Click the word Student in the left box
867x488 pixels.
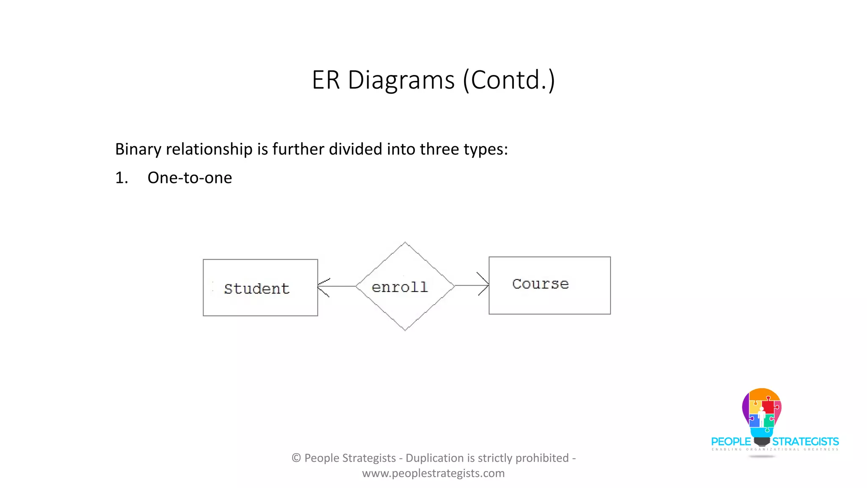click(x=257, y=289)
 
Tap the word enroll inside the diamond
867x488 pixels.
click(x=400, y=287)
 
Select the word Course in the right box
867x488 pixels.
click(x=540, y=284)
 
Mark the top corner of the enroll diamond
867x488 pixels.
click(x=405, y=243)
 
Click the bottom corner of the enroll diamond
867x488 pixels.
click(x=405, y=330)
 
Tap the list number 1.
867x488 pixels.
click(x=121, y=178)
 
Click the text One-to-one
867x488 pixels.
click(x=190, y=178)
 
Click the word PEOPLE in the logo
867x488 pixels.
click(x=731, y=442)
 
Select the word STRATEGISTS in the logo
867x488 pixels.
click(x=806, y=442)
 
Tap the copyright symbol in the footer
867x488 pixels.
click(x=296, y=458)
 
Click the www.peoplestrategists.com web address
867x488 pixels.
click(x=433, y=473)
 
